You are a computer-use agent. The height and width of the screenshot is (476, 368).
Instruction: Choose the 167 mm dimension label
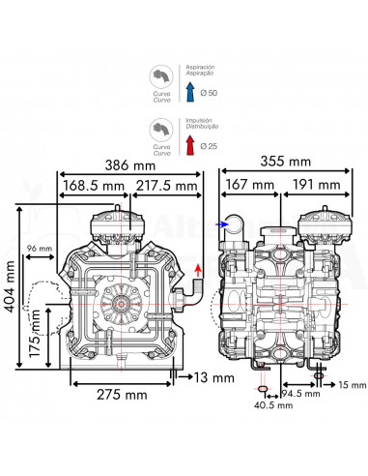tap(251, 184)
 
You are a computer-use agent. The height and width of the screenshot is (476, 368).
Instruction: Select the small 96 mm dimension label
tap(39, 250)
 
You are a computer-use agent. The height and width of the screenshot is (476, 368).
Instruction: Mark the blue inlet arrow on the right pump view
tap(224, 223)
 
